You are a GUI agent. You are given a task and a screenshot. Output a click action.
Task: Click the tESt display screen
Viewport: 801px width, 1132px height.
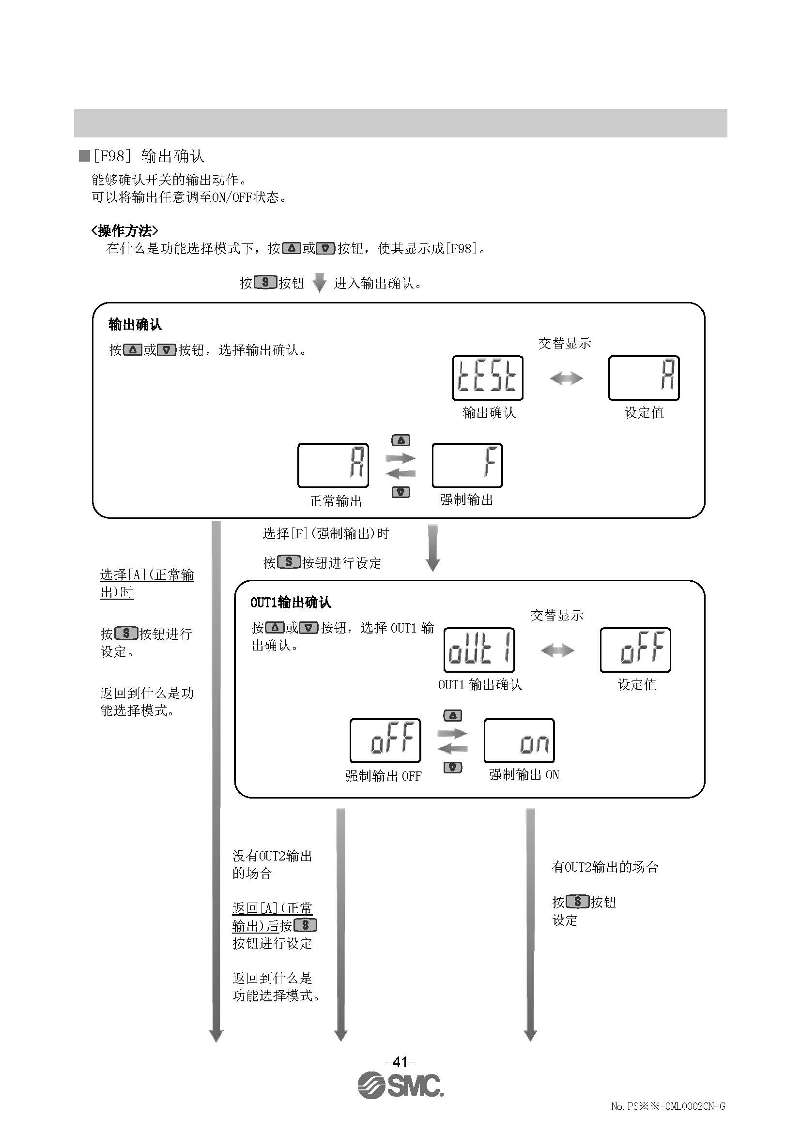click(x=487, y=377)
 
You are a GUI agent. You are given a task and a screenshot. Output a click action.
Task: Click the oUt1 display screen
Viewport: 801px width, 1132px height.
click(x=479, y=650)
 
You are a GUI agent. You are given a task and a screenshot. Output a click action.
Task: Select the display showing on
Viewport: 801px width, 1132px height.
click(x=519, y=740)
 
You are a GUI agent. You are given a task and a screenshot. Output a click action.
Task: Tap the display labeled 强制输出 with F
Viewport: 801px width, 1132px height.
click(x=467, y=466)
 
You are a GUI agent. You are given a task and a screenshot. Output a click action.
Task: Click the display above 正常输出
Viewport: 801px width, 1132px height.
click(x=333, y=466)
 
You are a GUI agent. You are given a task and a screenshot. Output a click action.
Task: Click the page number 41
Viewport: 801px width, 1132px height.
click(x=400, y=1061)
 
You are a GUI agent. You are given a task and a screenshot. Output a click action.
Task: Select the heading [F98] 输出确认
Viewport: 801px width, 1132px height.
click(x=148, y=156)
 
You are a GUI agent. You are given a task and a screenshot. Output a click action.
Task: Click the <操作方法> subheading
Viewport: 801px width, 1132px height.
click(x=125, y=231)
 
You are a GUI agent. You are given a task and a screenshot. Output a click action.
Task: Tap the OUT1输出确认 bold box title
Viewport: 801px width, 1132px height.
click(x=291, y=602)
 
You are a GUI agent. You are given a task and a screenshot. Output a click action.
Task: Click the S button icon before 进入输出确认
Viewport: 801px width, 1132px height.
click(x=265, y=283)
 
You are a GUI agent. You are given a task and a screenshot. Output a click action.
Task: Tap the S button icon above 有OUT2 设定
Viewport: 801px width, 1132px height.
click(x=578, y=902)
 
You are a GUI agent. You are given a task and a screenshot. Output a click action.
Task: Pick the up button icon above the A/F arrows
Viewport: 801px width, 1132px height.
click(x=400, y=440)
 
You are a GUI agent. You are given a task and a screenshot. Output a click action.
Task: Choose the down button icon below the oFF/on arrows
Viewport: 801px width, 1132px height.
click(x=453, y=767)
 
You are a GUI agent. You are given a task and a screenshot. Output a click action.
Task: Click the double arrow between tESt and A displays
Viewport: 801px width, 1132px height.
click(x=566, y=378)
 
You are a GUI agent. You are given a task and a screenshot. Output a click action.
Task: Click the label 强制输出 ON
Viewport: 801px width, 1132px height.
click(x=524, y=774)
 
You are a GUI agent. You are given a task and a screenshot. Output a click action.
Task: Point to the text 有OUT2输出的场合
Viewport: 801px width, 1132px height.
click(x=605, y=867)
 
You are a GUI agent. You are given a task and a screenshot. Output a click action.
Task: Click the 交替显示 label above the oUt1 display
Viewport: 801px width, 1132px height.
click(x=556, y=615)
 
